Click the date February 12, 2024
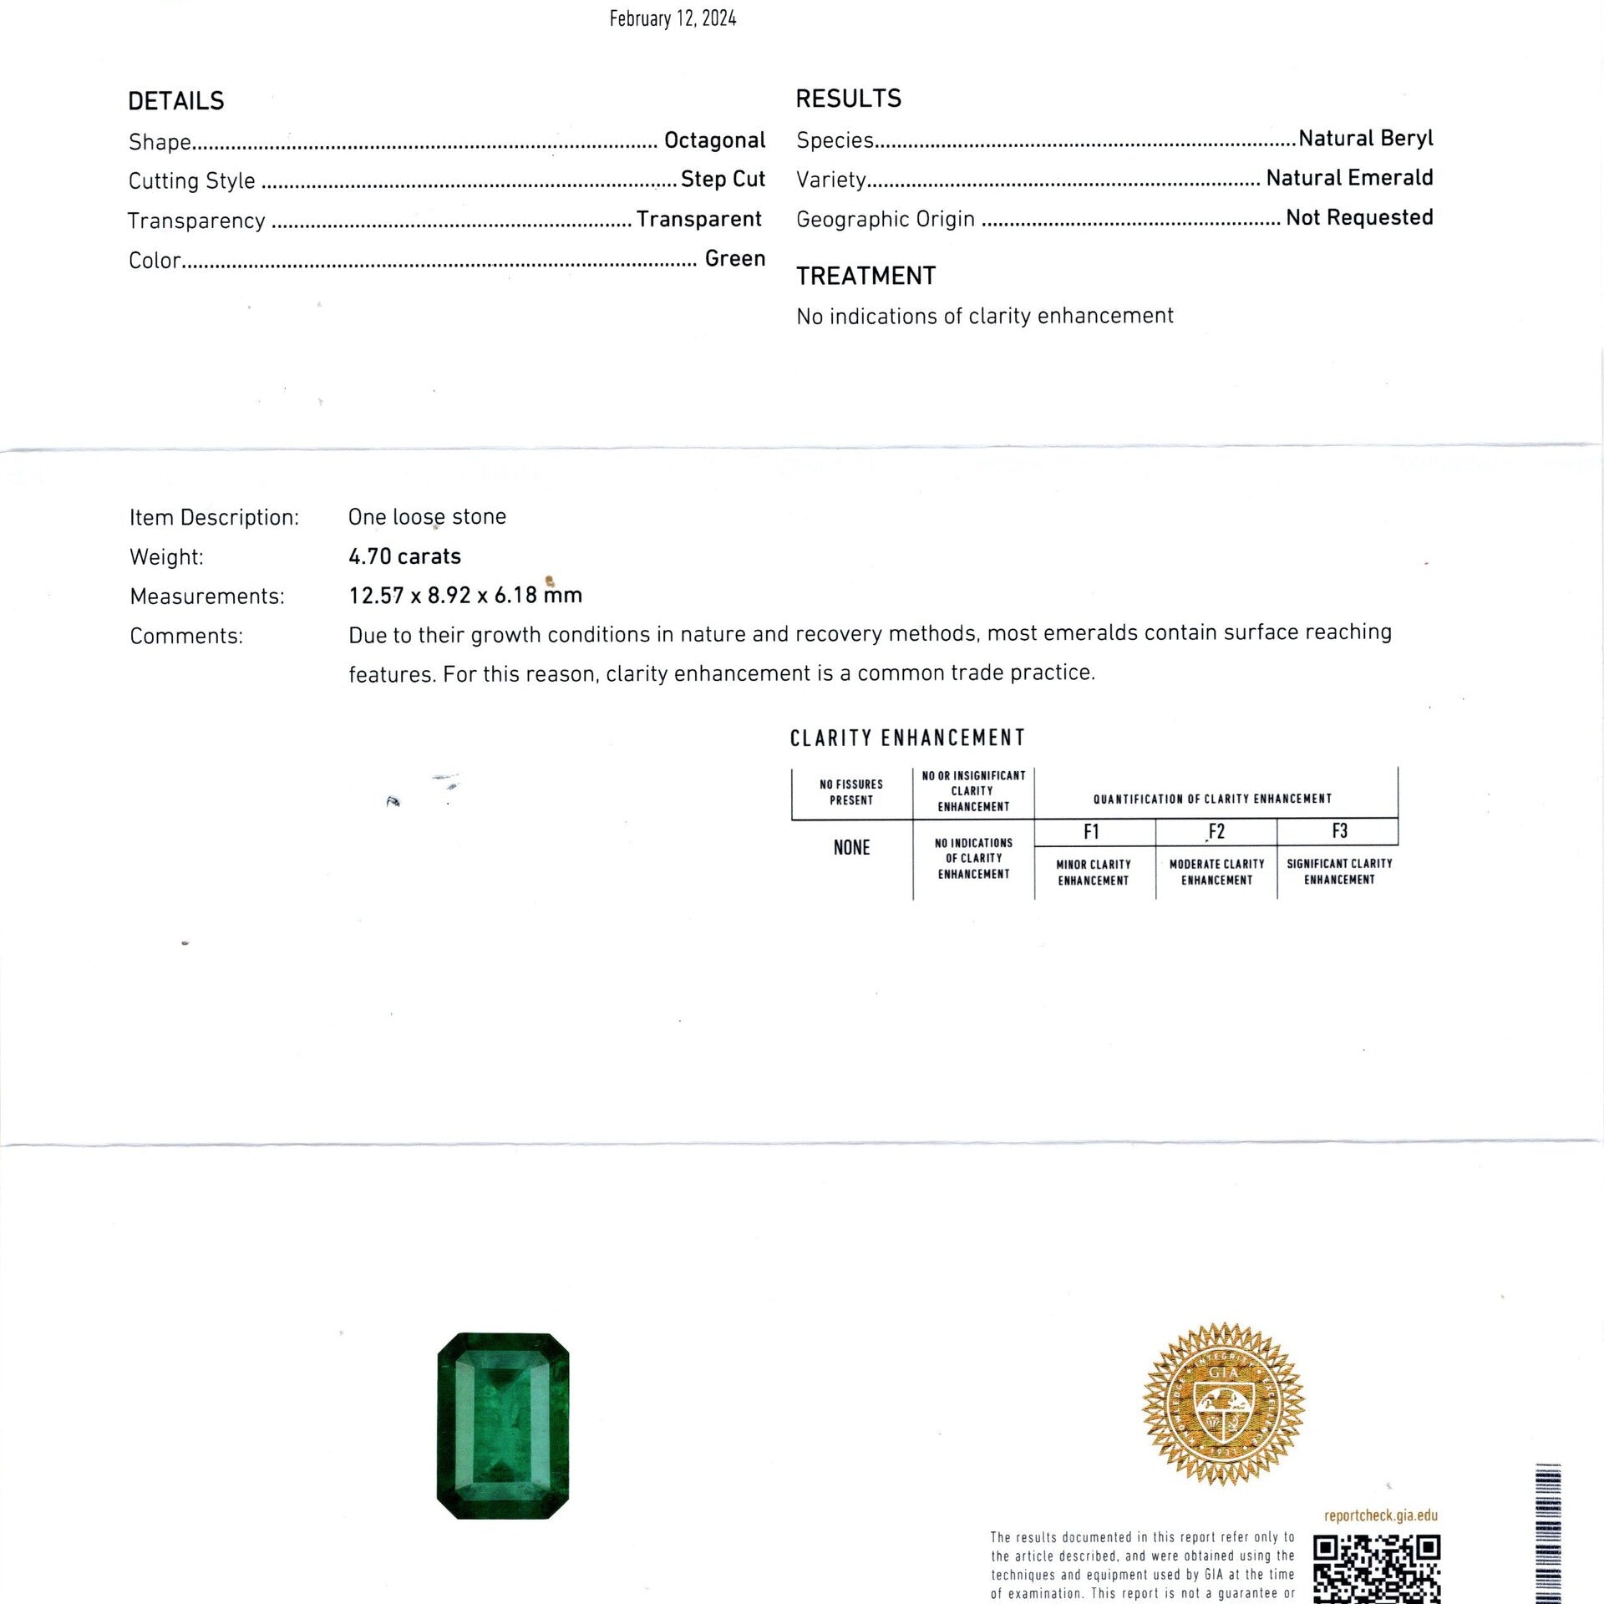click(673, 19)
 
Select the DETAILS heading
click(176, 101)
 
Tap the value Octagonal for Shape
click(714, 140)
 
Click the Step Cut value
click(723, 179)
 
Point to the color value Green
click(734, 258)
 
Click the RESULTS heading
click(848, 99)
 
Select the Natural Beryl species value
click(1365, 138)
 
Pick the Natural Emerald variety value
click(1349, 177)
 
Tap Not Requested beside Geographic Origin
click(1359, 217)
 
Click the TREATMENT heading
click(865, 276)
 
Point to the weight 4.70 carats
click(404, 556)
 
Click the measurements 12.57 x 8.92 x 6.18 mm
click(465, 596)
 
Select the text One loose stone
click(427, 517)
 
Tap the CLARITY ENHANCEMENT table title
click(907, 738)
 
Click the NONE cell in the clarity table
click(851, 847)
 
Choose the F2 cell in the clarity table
click(1216, 831)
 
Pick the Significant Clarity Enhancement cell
click(1338, 871)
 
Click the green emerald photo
click(503, 1425)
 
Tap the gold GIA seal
click(1223, 1403)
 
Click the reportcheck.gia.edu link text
click(1380, 1515)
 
